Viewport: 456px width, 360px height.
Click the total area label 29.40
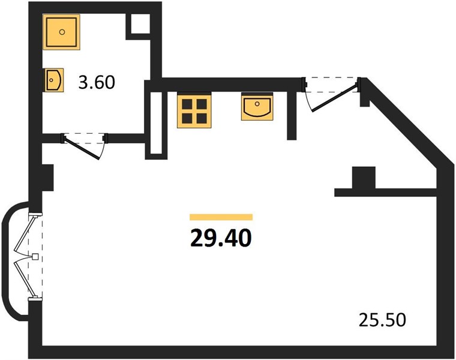tap(221, 238)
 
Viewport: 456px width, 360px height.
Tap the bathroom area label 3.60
tap(97, 82)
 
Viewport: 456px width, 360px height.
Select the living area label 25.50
tap(382, 320)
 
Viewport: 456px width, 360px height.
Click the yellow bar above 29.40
tap(221, 217)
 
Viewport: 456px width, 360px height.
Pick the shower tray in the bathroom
tap(61, 32)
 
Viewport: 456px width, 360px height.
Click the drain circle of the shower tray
tap(62, 32)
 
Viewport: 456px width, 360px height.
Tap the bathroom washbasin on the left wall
tap(54, 80)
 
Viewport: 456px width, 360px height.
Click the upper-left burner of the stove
tap(187, 104)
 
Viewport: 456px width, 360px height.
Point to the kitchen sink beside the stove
tap(257, 107)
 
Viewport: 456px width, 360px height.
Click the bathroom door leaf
tap(82, 147)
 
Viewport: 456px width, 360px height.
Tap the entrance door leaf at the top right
tap(334, 98)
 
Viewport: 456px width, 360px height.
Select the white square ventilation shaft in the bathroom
tap(140, 24)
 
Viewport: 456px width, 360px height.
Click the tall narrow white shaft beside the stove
tap(156, 123)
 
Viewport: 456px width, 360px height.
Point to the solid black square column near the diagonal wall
tap(364, 178)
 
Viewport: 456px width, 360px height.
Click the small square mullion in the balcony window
tap(35, 256)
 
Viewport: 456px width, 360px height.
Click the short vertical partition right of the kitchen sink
tap(292, 115)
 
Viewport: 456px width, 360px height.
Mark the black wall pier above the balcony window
tap(48, 178)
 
